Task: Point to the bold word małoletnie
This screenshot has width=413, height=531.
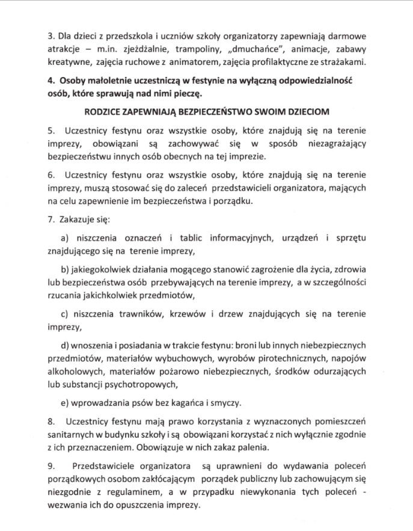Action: [x=104, y=80]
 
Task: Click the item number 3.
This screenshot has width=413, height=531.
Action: [x=50, y=36]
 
